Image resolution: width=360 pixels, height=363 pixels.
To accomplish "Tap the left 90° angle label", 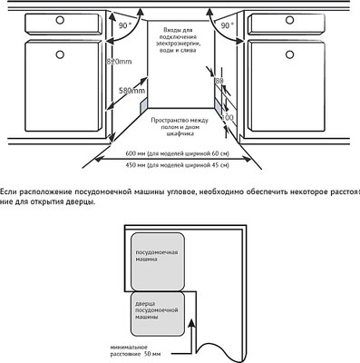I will [123, 28].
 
